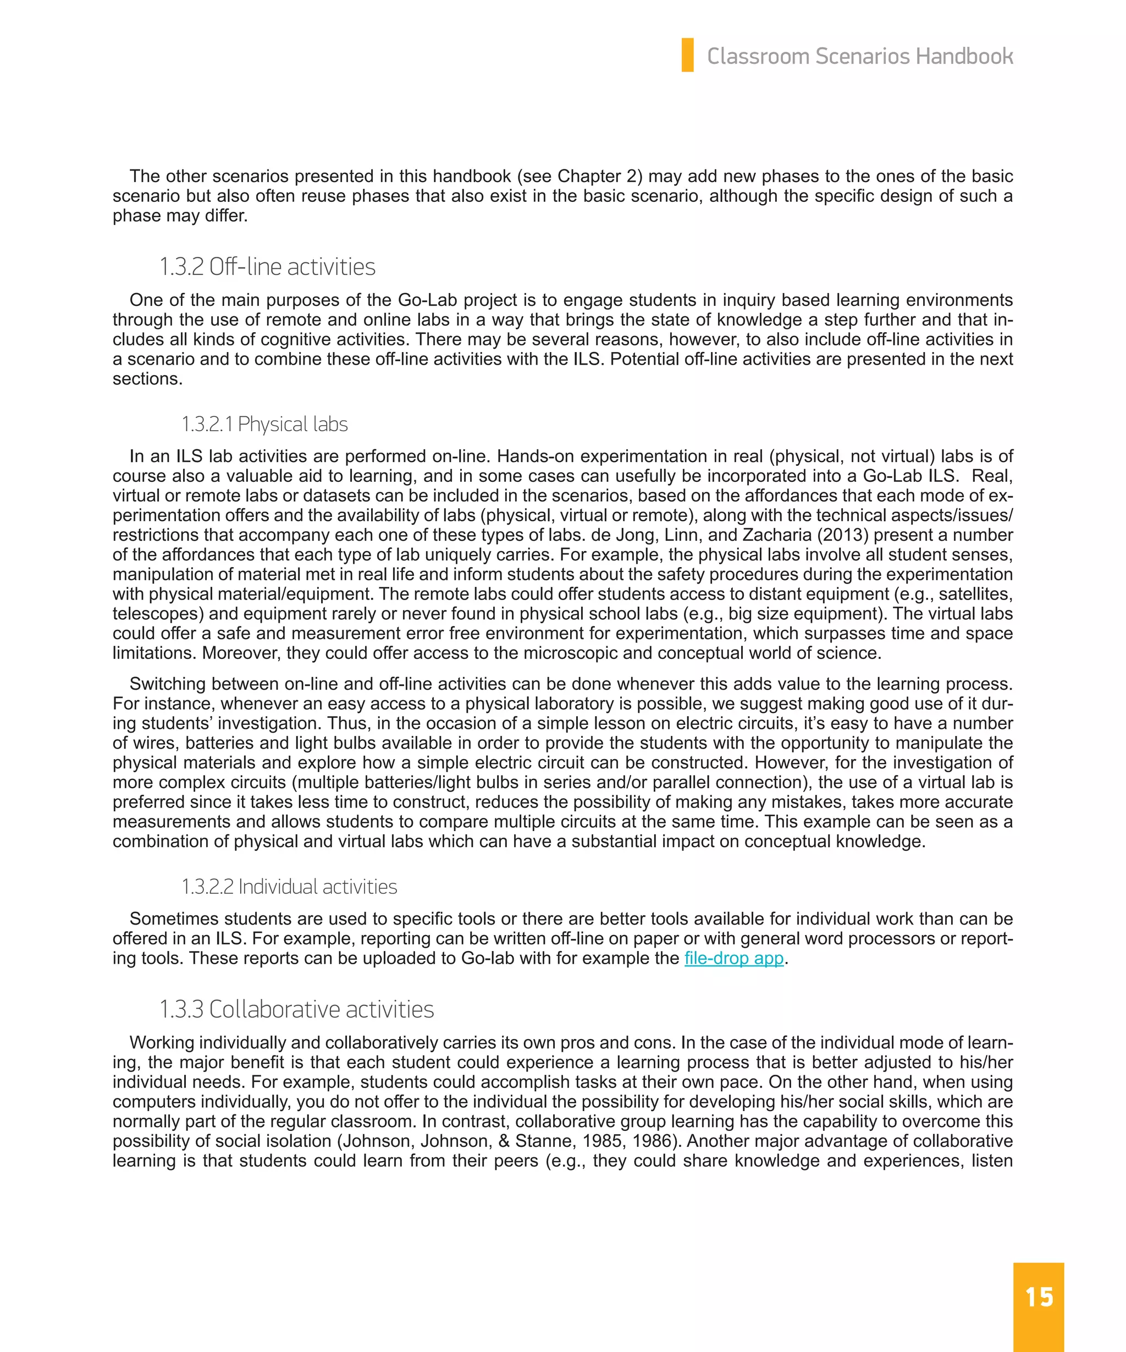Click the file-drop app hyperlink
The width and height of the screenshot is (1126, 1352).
click(x=733, y=958)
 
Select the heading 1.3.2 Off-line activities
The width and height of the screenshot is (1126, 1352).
click(x=267, y=267)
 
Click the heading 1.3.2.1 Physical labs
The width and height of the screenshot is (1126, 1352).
click(x=264, y=424)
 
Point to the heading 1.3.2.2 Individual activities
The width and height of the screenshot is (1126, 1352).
click(x=289, y=887)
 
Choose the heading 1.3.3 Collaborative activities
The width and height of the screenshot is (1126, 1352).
click(x=297, y=1009)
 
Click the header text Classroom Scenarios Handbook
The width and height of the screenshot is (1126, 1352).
click(x=860, y=57)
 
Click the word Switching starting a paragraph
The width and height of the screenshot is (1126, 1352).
click(x=167, y=684)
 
